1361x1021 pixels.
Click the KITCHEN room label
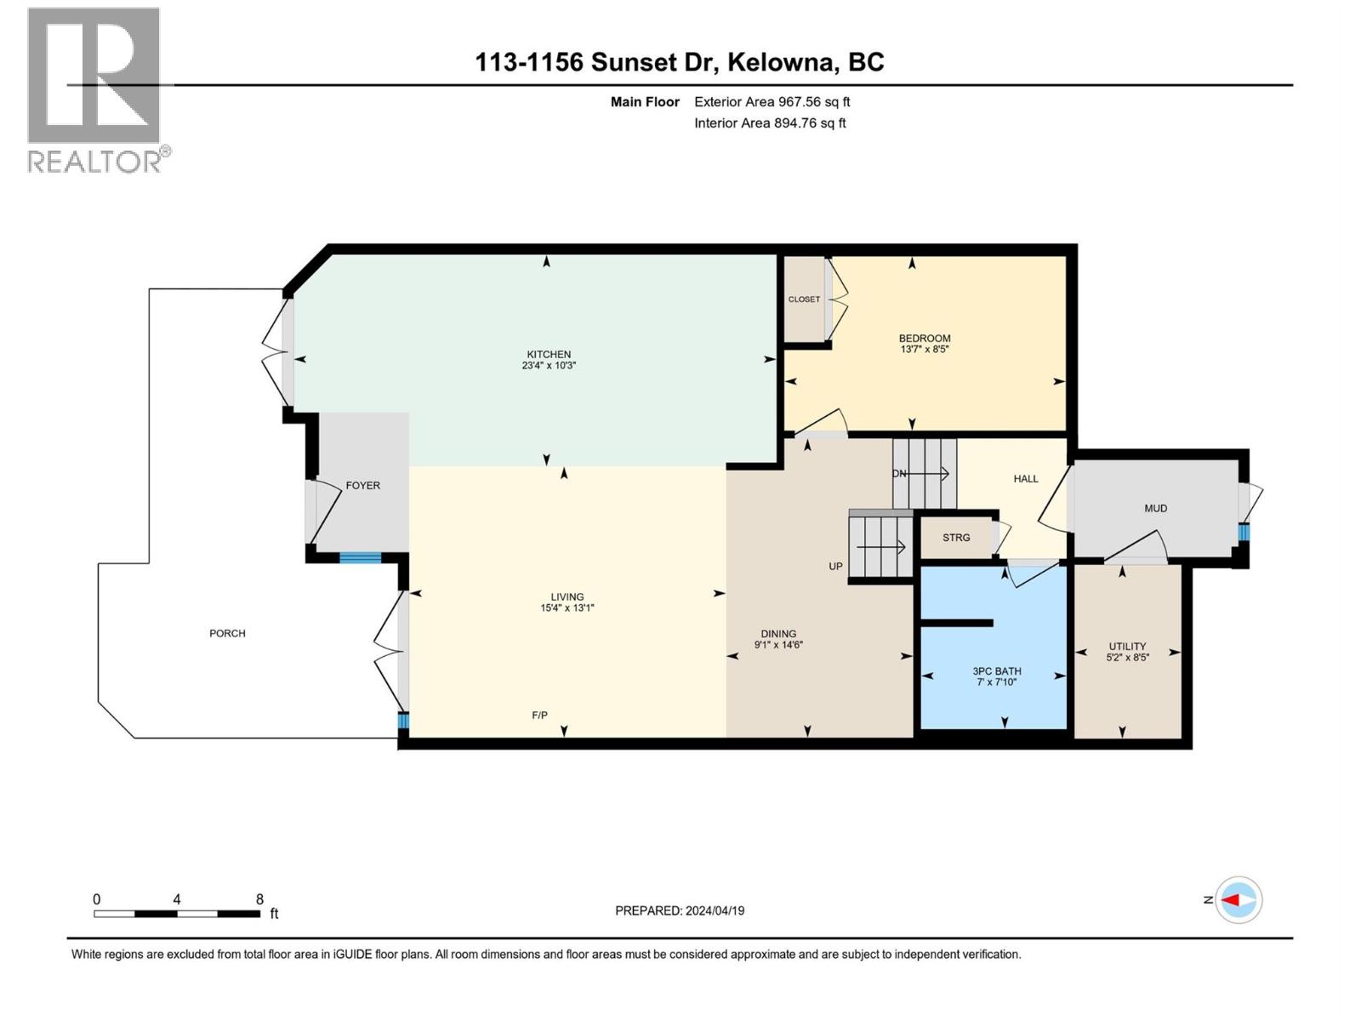[x=549, y=355]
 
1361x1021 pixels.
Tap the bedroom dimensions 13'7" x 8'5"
[x=925, y=349]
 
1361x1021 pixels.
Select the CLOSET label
[x=804, y=299]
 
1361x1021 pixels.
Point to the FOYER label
[x=362, y=486]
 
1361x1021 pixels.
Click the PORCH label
[x=227, y=634]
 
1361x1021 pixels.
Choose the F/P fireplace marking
[x=539, y=716]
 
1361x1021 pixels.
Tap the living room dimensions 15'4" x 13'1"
[x=567, y=608]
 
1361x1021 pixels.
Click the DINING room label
[x=778, y=634]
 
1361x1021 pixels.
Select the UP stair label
[x=835, y=567]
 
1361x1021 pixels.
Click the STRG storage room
[x=956, y=538]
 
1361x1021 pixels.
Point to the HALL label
[x=1026, y=479]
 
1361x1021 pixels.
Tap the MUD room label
[x=1155, y=509]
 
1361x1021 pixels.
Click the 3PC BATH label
[x=997, y=671]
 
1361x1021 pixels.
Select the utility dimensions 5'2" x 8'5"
[x=1127, y=658]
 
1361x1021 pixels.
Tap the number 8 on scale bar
[x=259, y=899]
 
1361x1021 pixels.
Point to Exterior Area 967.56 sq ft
[x=772, y=102]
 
